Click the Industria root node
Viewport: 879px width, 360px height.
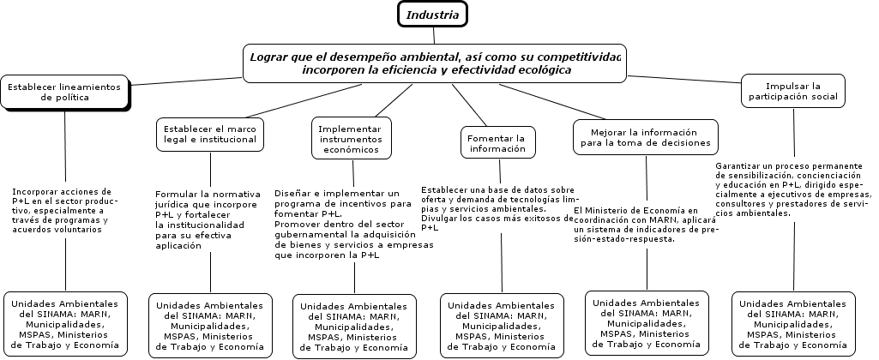tap(433, 15)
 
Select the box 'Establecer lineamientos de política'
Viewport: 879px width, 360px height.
tap(65, 92)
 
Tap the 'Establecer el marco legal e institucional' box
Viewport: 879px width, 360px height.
tap(210, 133)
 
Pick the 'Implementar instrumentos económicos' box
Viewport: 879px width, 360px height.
tap(349, 138)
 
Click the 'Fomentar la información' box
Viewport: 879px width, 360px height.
tap(497, 142)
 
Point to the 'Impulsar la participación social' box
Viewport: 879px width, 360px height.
tap(793, 91)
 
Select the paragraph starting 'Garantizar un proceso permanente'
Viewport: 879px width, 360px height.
tap(793, 189)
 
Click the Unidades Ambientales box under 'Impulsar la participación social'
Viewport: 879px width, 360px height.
tap(793, 324)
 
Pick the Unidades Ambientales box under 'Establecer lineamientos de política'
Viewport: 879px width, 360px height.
tap(65, 324)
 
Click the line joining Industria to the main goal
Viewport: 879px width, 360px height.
tap(434, 35)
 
